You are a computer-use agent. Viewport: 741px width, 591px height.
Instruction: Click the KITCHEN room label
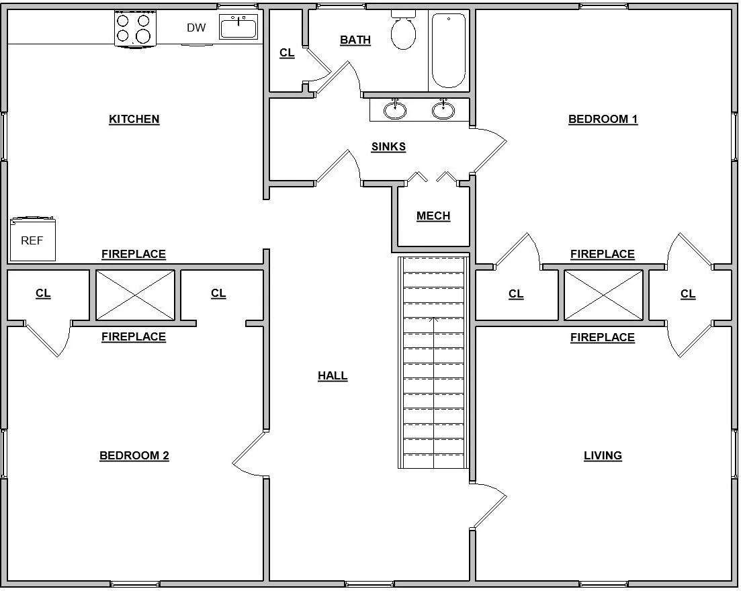[134, 119]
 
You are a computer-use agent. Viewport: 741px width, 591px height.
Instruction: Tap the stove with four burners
[134, 28]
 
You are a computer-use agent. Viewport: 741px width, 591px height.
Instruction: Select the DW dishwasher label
[196, 28]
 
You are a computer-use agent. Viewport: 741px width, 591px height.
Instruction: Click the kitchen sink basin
[238, 27]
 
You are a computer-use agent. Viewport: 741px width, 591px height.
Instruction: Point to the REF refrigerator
[33, 239]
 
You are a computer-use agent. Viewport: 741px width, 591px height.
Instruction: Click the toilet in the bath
[403, 30]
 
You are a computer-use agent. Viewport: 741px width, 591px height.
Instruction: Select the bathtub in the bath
[449, 50]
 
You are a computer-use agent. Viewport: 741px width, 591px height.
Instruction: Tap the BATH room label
[355, 40]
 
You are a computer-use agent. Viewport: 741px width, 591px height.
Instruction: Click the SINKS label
[388, 147]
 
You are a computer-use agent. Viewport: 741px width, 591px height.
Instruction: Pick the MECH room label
[433, 216]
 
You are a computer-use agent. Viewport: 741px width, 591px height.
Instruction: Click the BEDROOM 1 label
[603, 119]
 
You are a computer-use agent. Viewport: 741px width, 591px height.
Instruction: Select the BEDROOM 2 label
[134, 455]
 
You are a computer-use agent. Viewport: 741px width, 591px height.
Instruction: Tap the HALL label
[333, 376]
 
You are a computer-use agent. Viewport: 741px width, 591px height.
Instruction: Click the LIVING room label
[603, 456]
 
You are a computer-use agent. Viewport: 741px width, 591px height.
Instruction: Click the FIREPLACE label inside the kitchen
[134, 254]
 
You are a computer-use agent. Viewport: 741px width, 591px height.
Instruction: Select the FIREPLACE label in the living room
[603, 337]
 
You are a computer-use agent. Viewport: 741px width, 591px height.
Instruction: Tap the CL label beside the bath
[287, 52]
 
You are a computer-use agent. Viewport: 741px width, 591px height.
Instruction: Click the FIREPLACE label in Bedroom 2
[134, 337]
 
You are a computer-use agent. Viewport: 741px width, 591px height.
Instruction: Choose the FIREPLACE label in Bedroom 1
[603, 254]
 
